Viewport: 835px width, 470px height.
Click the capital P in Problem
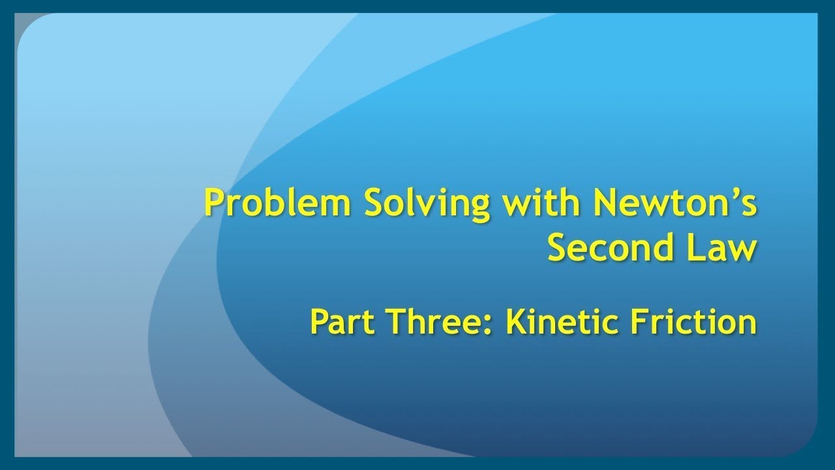pyautogui.click(x=215, y=203)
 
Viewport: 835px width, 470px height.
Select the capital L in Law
pyautogui.click(x=691, y=248)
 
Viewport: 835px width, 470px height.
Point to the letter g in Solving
pyautogui.click(x=479, y=208)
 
